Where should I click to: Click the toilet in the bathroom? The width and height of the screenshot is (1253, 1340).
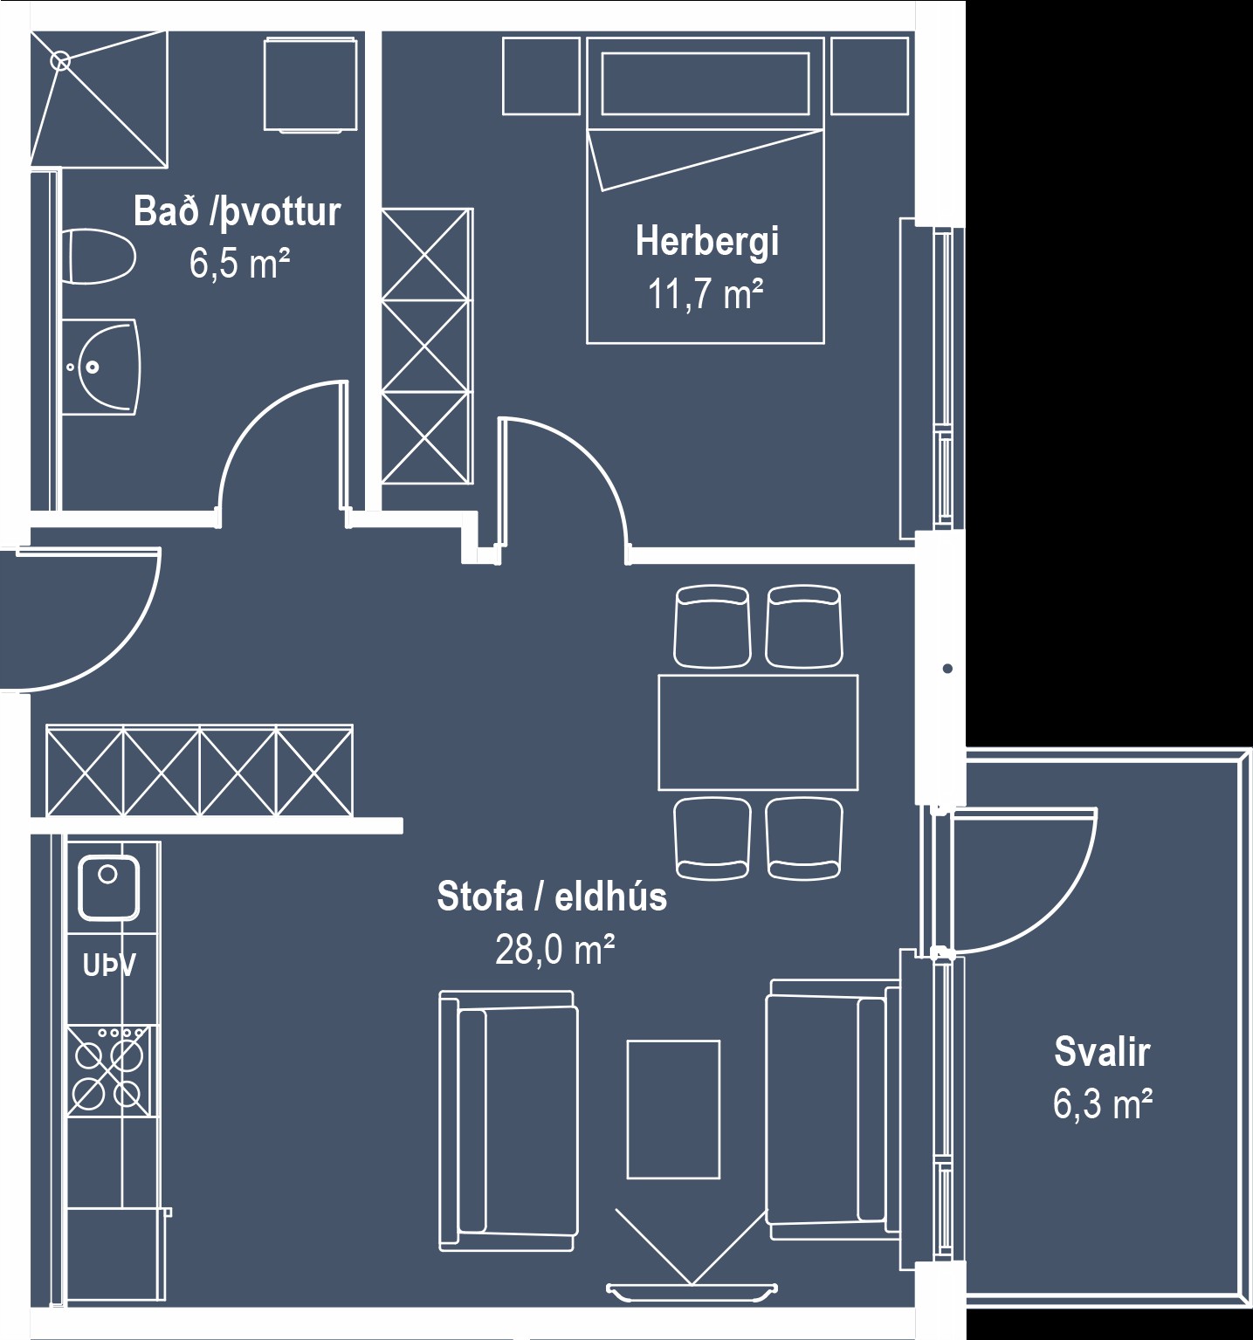[98, 257]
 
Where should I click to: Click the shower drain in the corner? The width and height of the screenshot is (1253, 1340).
[60, 60]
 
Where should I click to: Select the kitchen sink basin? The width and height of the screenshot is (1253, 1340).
[108, 887]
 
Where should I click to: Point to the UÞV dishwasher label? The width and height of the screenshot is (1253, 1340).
[109, 965]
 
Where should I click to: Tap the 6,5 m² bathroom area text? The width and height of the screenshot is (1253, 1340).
[240, 263]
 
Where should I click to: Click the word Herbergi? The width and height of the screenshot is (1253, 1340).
[707, 242]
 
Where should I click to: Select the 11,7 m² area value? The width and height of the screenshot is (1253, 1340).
[706, 294]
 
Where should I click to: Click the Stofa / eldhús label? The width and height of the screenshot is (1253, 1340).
[552, 897]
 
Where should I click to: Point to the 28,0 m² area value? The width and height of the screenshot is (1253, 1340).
[555, 949]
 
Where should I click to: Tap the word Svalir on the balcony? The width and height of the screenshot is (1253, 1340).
[1102, 1052]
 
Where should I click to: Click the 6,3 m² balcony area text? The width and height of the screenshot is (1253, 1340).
[1103, 1104]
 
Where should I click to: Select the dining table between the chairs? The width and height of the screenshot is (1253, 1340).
[758, 732]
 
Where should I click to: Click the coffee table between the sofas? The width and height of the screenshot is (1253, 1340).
[673, 1110]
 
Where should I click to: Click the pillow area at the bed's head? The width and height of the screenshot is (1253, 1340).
[705, 84]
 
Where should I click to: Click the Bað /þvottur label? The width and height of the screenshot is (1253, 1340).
[237, 212]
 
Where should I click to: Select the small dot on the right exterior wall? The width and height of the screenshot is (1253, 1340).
[947, 669]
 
